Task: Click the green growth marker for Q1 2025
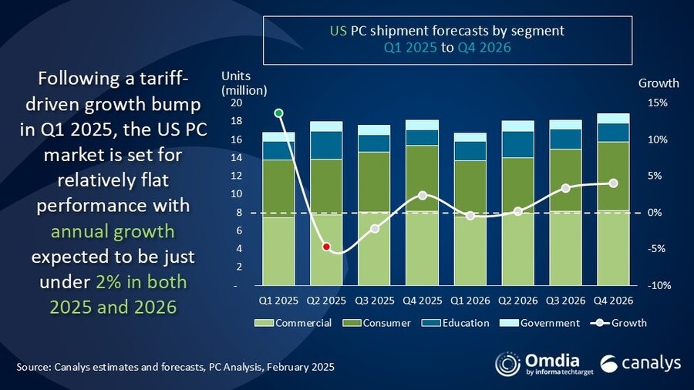coord(278,113)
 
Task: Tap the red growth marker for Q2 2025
coord(326,247)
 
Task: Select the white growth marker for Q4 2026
coord(613,183)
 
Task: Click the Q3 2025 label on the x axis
coord(374,301)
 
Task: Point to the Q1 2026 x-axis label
coord(470,301)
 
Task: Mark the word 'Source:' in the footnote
coord(33,368)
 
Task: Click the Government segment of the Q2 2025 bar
coord(326,126)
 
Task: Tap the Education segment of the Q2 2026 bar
coord(517,144)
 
